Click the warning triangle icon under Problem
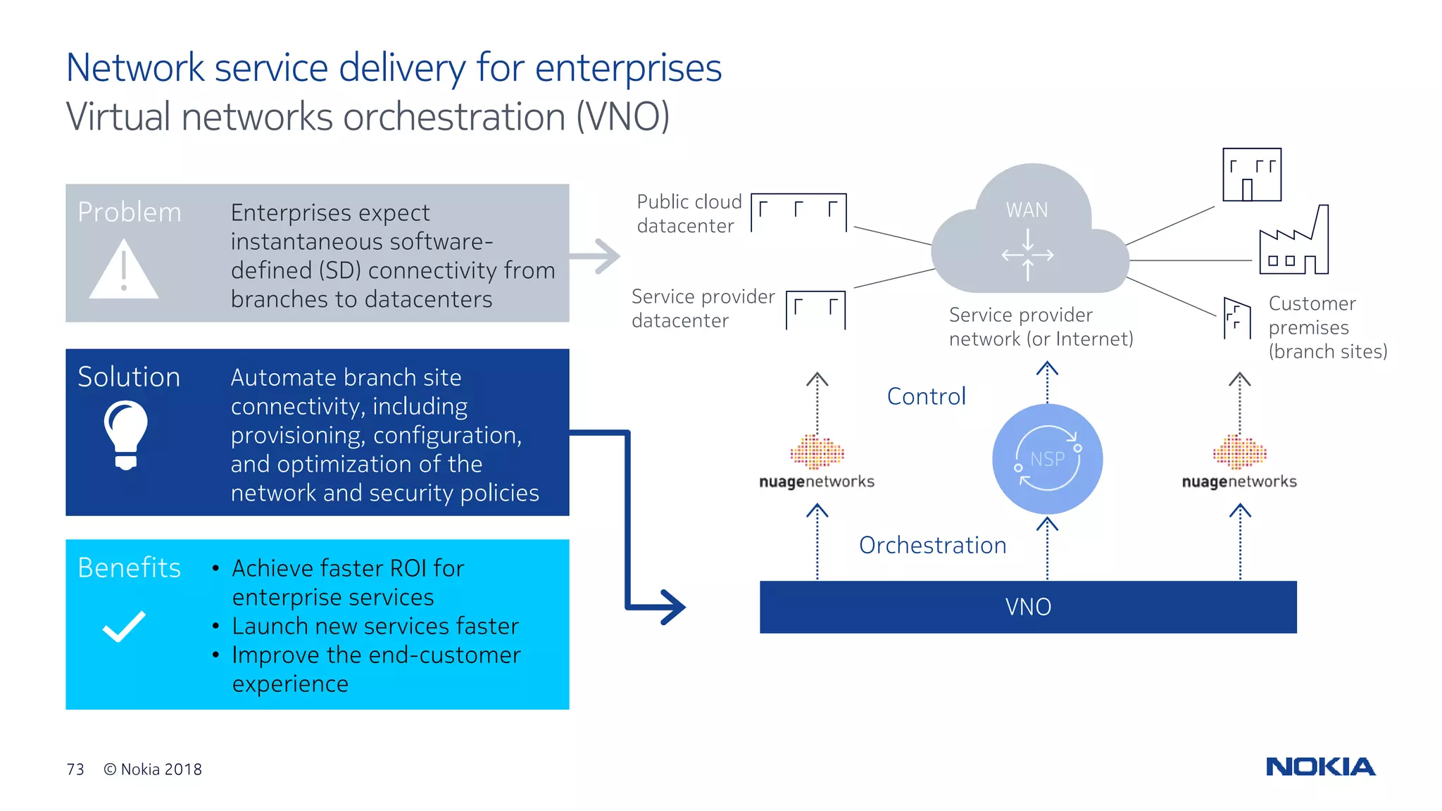(x=124, y=271)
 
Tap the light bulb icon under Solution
(x=126, y=433)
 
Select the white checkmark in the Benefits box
(x=124, y=626)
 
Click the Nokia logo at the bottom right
(x=1320, y=767)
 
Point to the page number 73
(x=75, y=769)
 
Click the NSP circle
(x=1047, y=459)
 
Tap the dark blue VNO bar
(x=1028, y=607)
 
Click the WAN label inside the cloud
(x=1027, y=210)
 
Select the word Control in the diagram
(x=926, y=396)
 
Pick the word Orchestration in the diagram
(x=932, y=546)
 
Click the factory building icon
(x=1294, y=243)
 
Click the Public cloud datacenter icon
(x=798, y=212)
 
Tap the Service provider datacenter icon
(x=815, y=310)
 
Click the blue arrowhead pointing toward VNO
(x=669, y=607)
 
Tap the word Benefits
(x=129, y=567)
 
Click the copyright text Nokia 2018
(x=153, y=769)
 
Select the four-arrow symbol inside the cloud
(x=1028, y=255)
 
